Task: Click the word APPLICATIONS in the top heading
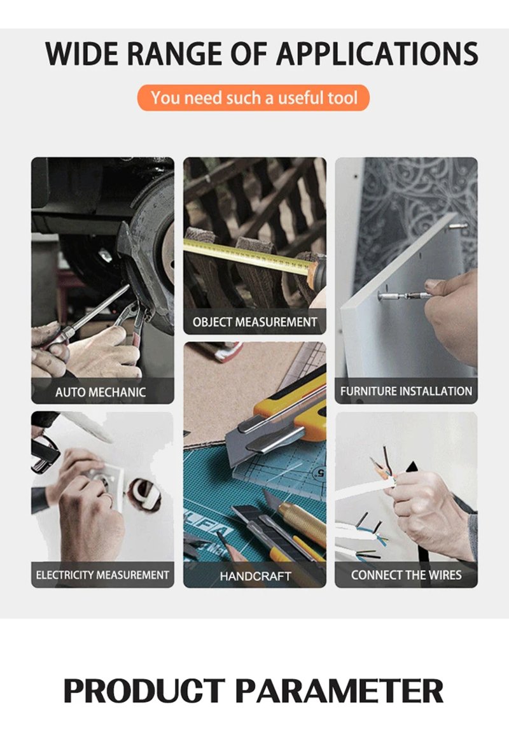coord(377,54)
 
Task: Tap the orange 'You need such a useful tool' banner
coord(253,98)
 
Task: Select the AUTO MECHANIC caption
coord(101,392)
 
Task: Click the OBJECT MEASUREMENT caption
coord(254,322)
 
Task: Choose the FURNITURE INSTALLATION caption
coord(406,391)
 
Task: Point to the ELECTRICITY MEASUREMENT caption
coord(102,575)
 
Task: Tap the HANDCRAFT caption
coord(255,576)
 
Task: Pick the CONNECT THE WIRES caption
coord(406,575)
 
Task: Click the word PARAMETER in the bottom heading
coord(338,690)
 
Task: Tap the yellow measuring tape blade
coord(248,256)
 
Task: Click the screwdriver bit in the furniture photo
coord(404,296)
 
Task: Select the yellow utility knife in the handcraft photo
coord(277,417)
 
